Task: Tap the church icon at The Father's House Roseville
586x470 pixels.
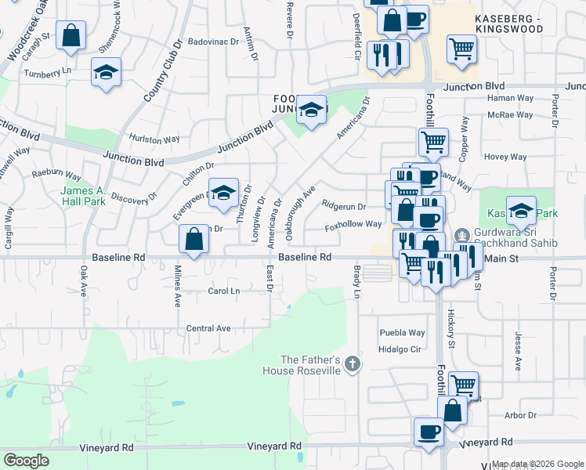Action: [x=353, y=363]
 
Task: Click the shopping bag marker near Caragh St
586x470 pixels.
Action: [x=71, y=35]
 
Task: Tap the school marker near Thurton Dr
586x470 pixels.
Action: [x=223, y=193]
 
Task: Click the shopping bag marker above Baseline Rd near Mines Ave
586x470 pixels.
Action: [x=194, y=238]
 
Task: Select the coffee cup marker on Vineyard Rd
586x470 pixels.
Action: [x=429, y=432]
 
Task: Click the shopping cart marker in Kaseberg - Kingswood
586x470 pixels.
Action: [x=461, y=49]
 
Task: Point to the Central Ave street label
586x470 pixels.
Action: [x=208, y=328]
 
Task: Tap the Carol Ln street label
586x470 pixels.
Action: [x=224, y=291]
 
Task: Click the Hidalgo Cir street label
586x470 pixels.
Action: [x=400, y=349]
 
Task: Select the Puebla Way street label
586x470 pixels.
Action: [x=402, y=332]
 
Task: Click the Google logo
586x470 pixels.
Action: [x=27, y=461]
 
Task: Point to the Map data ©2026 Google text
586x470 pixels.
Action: [x=537, y=464]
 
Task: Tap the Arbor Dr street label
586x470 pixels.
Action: [x=520, y=415]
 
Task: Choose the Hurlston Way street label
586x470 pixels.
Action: [x=155, y=139]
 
